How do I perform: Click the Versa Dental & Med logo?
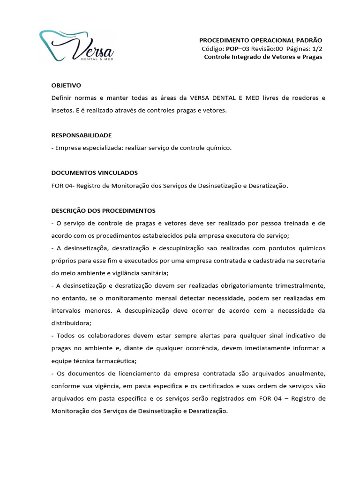(x=76, y=46)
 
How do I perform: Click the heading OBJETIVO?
(x=66, y=85)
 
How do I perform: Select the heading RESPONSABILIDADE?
(x=81, y=135)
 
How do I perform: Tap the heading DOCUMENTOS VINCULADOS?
(x=94, y=172)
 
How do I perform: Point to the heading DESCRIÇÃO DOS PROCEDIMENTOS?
(x=103, y=210)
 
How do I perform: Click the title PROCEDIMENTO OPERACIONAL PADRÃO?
(x=261, y=40)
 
